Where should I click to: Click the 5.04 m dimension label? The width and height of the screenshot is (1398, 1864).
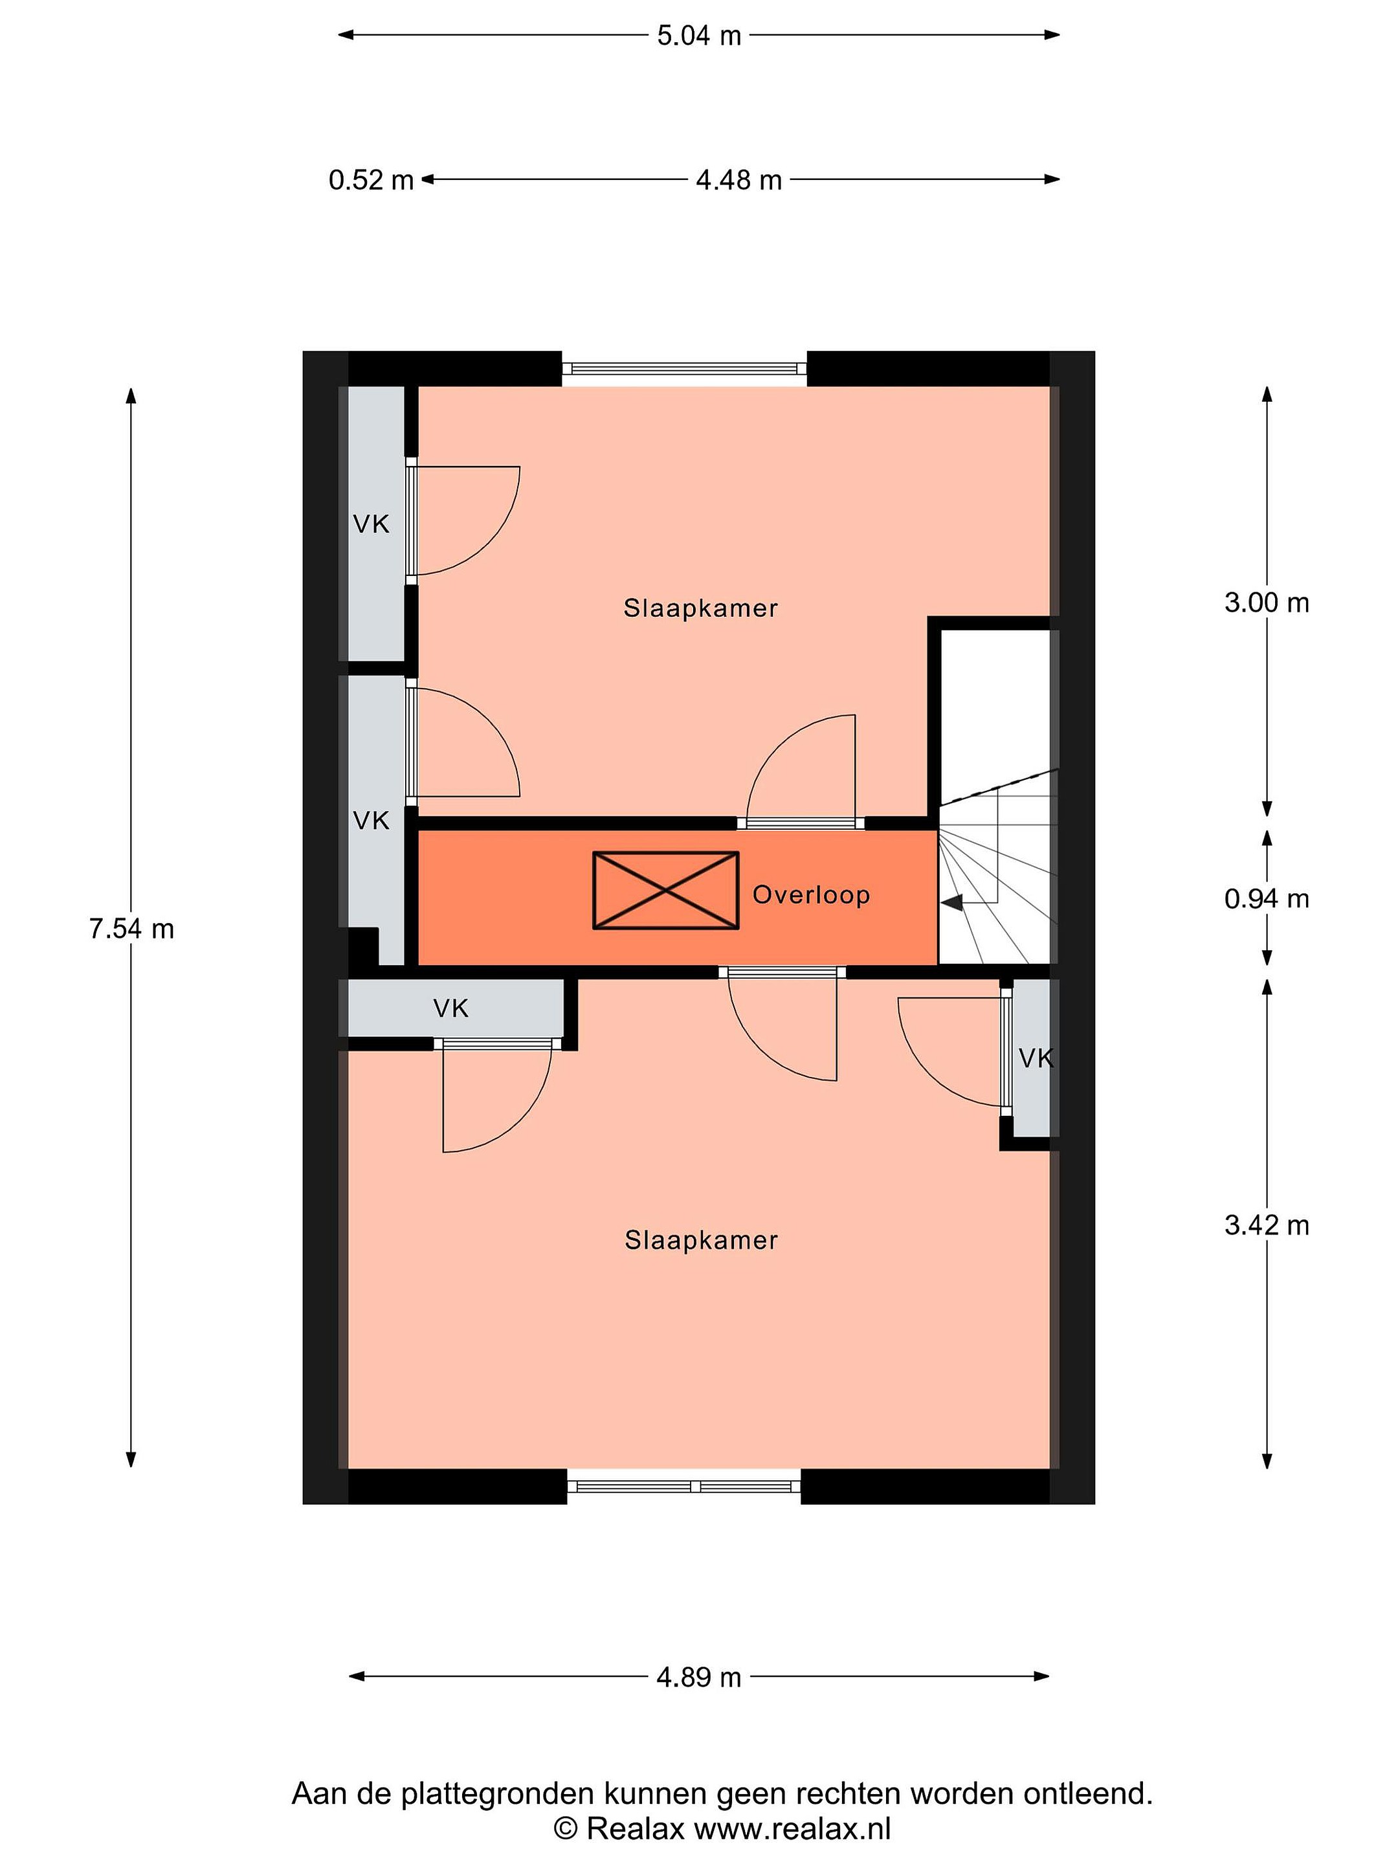pos(698,36)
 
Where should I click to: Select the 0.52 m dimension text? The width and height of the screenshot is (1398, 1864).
pos(371,179)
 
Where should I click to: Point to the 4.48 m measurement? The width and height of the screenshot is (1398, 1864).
pos(739,179)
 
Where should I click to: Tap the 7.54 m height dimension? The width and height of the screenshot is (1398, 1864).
pos(131,929)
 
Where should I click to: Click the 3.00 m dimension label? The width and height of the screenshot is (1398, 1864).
pos(1267,603)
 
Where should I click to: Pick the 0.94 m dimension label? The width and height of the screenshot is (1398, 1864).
pos(1267,899)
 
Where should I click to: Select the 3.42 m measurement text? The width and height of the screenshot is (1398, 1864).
pos(1267,1225)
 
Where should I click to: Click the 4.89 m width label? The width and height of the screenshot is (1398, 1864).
pos(698,1677)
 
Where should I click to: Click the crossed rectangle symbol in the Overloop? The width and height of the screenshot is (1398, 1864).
pos(666,891)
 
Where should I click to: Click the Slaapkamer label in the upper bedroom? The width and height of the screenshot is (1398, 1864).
pos(700,608)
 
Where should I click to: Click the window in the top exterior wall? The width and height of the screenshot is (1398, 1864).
pos(684,368)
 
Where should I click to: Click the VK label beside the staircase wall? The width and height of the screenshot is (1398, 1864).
pos(1036,1058)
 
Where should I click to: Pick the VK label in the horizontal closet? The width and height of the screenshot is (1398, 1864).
pos(451,1008)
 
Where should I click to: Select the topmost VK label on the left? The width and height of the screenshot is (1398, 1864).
pos(371,524)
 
